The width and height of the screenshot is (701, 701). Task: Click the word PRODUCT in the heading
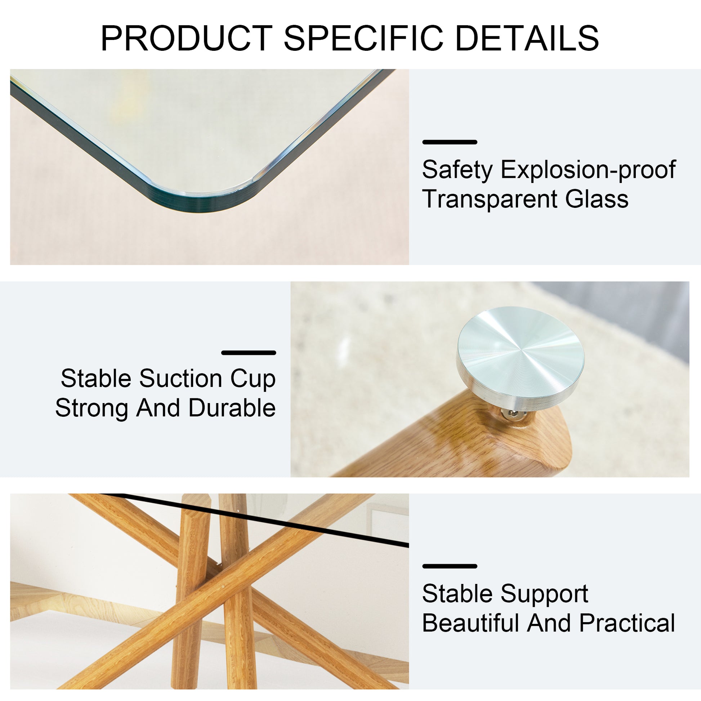(x=187, y=38)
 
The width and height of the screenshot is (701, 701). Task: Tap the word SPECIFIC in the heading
(x=363, y=38)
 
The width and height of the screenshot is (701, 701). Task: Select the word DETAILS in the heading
(x=527, y=38)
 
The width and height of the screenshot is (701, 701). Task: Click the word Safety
(x=457, y=170)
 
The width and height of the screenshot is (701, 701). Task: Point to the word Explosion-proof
(x=588, y=170)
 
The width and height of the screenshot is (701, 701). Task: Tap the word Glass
(x=597, y=199)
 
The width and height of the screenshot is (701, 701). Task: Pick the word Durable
(x=232, y=408)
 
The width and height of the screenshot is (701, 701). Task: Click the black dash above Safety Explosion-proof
(x=450, y=142)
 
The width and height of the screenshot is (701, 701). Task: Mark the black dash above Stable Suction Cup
(x=249, y=353)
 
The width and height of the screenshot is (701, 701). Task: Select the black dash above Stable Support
(x=450, y=566)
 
